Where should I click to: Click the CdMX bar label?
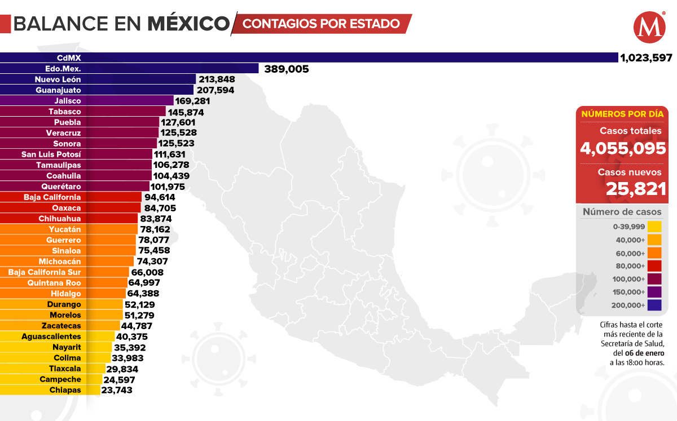[x=68, y=57]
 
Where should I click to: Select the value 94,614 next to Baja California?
[x=160, y=197]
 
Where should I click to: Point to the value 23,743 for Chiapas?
[x=117, y=390]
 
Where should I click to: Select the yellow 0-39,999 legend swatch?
[x=654, y=227]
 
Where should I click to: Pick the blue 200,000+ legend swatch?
[x=654, y=305]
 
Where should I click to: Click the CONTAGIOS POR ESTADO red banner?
[x=322, y=24]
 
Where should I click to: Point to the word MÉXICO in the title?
[x=189, y=24]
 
